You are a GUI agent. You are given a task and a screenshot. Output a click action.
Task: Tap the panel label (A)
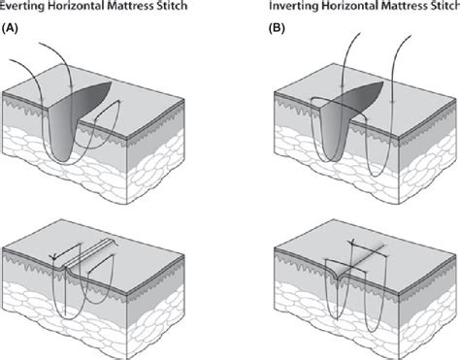(12, 26)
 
